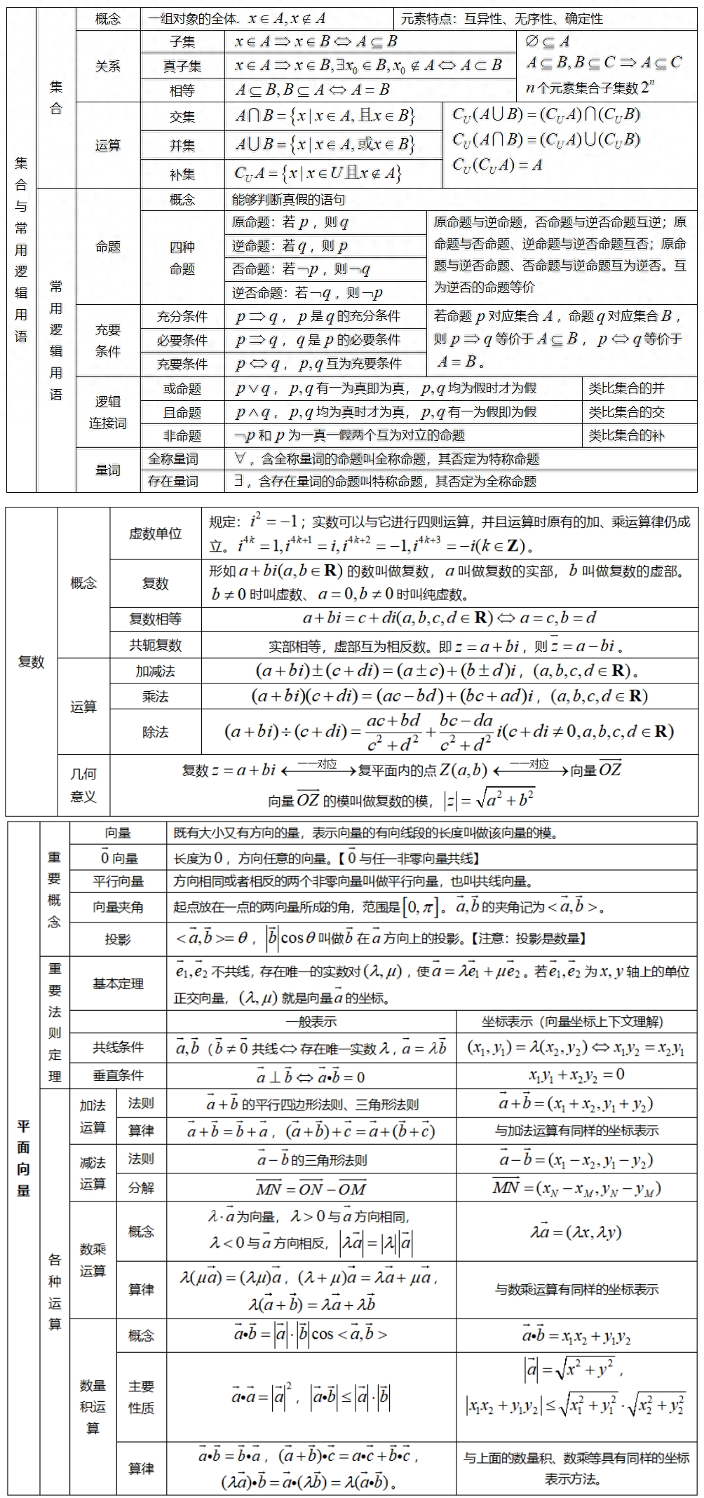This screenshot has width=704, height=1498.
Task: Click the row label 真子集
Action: tap(182, 66)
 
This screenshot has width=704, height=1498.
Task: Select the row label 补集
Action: tap(182, 174)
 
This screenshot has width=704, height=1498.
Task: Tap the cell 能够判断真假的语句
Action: tap(289, 200)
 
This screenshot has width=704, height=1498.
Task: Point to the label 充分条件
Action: tap(182, 317)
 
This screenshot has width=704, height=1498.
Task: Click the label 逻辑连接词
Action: tap(108, 412)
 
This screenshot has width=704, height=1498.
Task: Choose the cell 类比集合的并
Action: tap(627, 388)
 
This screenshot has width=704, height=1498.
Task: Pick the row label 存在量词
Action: tap(173, 482)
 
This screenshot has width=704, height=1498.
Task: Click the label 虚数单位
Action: tap(155, 533)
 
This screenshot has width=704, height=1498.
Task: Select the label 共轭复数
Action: tap(155, 645)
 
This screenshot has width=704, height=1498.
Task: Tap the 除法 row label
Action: tap(155, 732)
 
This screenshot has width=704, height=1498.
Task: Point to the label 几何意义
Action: tap(83, 785)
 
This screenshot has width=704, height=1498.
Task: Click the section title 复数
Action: tap(31, 662)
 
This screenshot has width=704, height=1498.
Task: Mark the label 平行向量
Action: tap(118, 882)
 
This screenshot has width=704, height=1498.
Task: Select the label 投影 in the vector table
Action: tap(118, 939)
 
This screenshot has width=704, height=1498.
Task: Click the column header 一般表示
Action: tap(311, 1022)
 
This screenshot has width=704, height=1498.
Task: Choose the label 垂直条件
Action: tap(118, 1075)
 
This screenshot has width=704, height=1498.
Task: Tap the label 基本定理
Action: tap(118, 984)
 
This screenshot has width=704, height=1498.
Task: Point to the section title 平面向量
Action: tap(24, 1158)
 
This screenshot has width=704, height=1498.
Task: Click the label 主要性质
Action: tap(141, 1397)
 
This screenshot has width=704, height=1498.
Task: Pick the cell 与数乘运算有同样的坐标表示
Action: tap(576, 1289)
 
